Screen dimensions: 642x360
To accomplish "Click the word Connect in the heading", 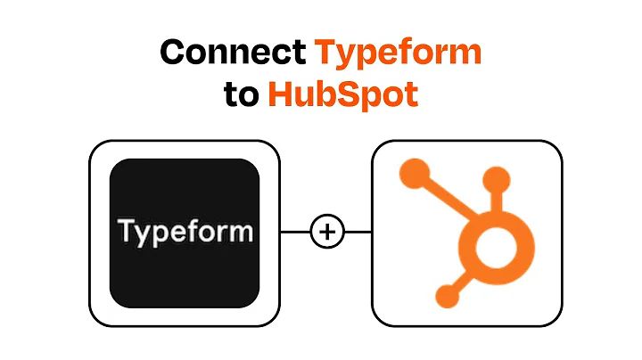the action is (x=234, y=53).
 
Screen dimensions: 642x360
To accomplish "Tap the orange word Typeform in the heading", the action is (x=399, y=53).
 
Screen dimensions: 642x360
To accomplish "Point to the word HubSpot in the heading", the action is (x=343, y=94).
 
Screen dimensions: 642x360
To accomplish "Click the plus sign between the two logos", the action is (x=326, y=233).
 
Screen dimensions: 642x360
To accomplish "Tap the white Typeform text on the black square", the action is (x=185, y=233).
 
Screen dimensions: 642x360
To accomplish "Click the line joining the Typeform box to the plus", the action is (x=294, y=233).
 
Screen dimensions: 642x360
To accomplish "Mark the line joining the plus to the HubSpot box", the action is (x=358, y=233).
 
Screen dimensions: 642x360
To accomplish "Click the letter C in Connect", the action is (x=177, y=53).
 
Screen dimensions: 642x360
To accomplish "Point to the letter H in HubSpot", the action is (x=283, y=94).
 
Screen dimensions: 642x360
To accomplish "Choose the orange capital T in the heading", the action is (x=328, y=53).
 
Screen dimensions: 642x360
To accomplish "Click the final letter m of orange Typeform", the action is (x=465, y=55).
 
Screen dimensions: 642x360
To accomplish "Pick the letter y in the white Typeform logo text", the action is (x=142, y=236).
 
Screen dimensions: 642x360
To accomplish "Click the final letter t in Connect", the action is (x=300, y=53).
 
